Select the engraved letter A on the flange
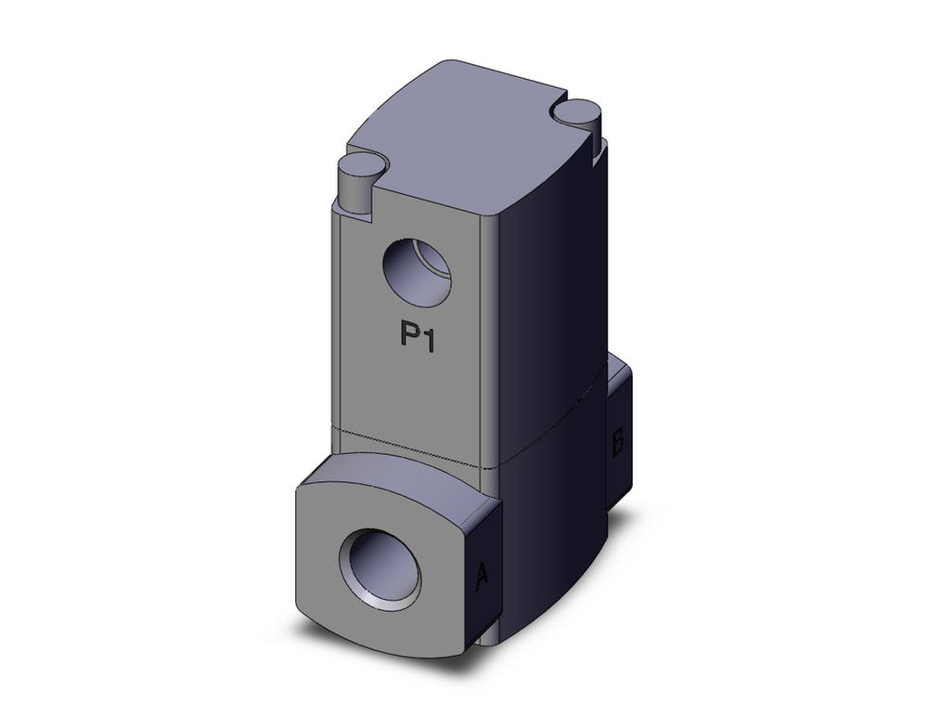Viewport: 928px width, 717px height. pos(481,578)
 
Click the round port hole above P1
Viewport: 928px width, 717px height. pos(417,272)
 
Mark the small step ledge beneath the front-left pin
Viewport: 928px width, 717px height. pos(353,212)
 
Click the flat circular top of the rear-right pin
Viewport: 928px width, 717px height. pos(576,109)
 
